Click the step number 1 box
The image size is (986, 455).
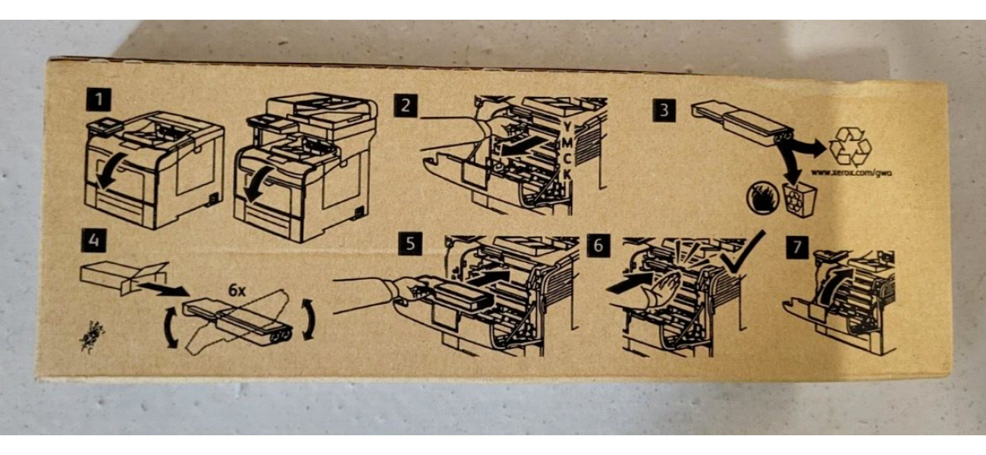99,99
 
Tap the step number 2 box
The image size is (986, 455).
406,105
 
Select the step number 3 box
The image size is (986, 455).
664,109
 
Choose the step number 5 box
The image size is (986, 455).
410,243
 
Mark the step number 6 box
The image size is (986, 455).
598,245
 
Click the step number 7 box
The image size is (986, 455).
797,247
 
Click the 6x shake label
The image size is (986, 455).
237,290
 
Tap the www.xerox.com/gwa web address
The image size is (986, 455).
851,173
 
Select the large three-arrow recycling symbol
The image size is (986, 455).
850,147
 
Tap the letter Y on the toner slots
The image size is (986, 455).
567,127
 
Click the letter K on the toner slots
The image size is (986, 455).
567,174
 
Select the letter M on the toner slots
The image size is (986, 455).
567,143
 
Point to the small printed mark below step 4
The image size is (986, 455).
92,337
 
